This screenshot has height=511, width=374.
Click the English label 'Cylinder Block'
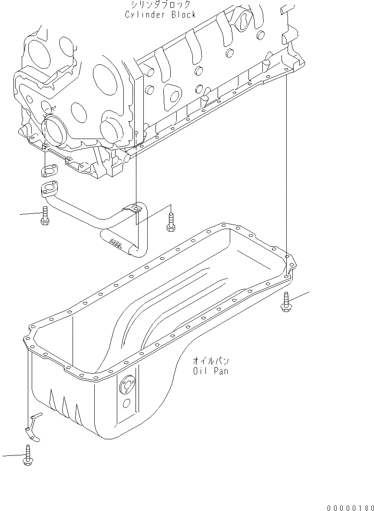pos(160,15)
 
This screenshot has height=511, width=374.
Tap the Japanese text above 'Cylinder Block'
pos(160,5)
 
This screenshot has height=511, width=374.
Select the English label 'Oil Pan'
pos(210,371)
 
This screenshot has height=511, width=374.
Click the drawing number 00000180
pos(351,507)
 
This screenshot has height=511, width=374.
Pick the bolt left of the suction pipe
pos(45,216)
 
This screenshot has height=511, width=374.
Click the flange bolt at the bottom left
pos(27,455)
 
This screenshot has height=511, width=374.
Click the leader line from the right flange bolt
pos(299,296)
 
